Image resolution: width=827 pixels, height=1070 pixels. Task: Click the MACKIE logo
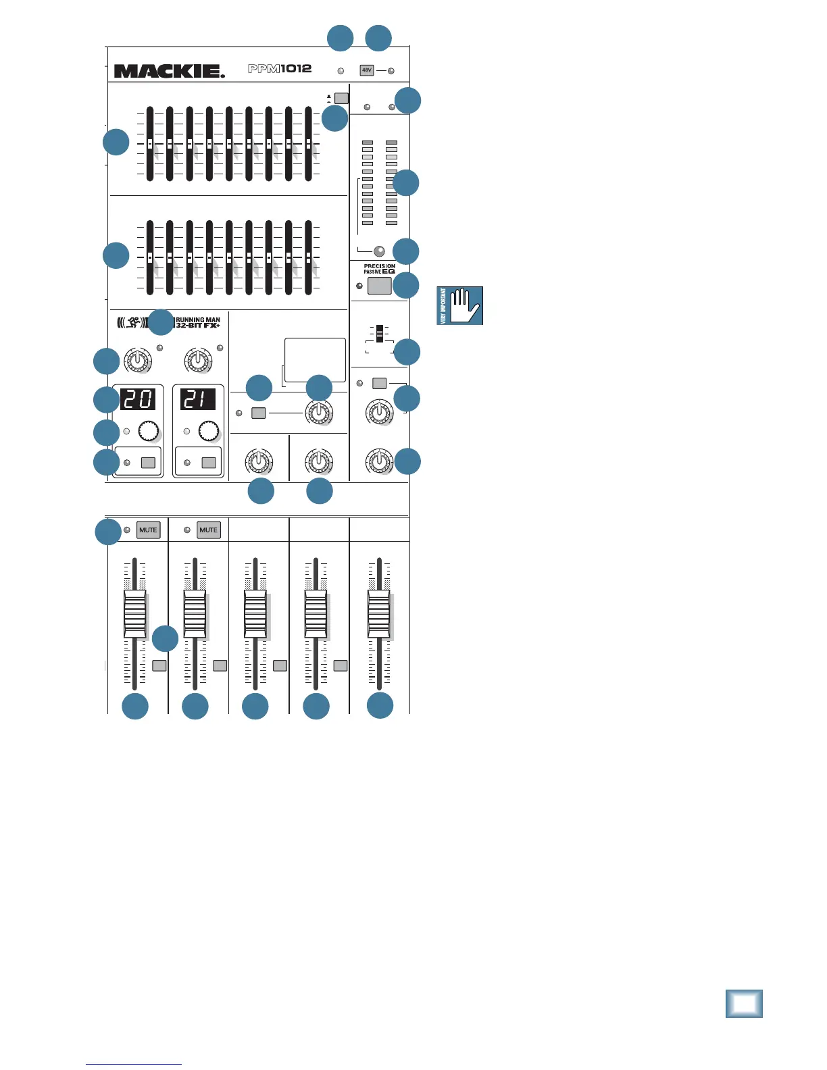tap(169, 71)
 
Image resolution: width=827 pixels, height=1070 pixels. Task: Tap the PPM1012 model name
tap(280, 69)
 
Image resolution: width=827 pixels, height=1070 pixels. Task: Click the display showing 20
tap(138, 399)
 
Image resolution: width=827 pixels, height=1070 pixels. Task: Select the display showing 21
tap(197, 399)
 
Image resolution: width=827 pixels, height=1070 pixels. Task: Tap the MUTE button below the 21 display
tap(208, 530)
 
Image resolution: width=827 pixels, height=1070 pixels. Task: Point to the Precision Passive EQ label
tap(379, 269)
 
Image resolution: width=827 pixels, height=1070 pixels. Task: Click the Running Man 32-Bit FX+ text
tap(197, 323)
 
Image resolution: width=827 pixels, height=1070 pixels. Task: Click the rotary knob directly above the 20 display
tap(138, 361)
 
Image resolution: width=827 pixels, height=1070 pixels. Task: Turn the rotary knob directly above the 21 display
tap(198, 361)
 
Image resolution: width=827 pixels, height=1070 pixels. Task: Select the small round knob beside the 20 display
tap(148, 430)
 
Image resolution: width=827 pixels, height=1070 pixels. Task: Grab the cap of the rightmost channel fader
tap(379, 614)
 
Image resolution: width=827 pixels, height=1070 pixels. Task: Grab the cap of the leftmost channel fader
tap(134, 614)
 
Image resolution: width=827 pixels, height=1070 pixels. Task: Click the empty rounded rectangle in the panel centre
tap(315, 361)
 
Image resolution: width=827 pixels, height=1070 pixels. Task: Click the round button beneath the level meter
tap(379, 250)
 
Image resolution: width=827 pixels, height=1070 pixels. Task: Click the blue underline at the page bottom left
tap(134, 1064)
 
